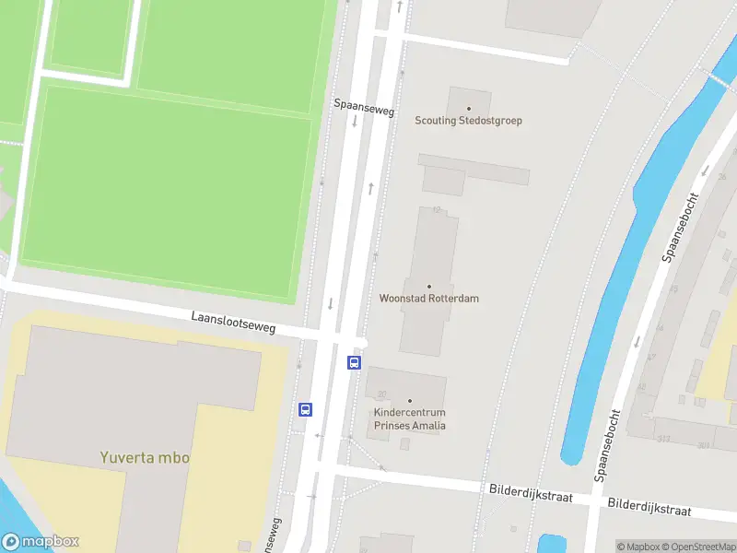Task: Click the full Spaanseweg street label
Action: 364,109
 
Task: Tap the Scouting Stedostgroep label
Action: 469,121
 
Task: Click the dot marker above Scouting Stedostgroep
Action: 469,109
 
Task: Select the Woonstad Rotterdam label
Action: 429,299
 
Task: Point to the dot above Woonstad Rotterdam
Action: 429,287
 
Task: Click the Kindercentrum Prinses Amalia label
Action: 410,419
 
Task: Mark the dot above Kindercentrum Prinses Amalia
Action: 410,401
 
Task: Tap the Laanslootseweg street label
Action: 233,322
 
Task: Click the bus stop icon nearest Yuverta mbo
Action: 306,409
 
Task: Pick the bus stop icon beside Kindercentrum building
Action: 354,362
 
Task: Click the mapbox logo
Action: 41,542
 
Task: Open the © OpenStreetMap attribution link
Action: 698,547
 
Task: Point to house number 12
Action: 434,211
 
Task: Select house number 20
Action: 380,394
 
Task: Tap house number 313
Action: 663,439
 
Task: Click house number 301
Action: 704,445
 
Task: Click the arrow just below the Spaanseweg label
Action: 354,121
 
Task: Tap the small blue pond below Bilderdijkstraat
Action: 552,544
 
